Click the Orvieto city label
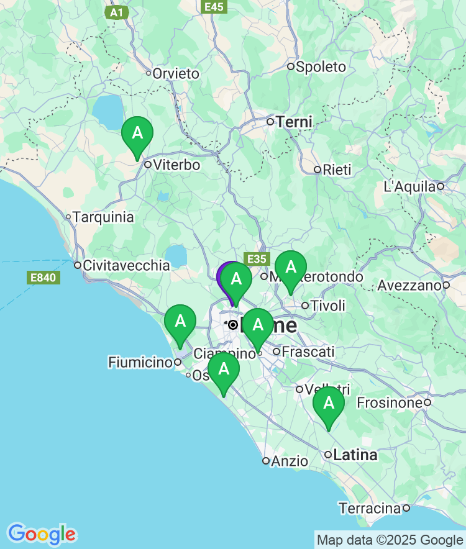click(176, 74)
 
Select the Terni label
click(294, 122)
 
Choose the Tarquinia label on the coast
click(103, 217)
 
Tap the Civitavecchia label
click(126, 265)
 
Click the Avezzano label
click(409, 286)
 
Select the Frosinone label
click(390, 403)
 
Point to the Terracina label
click(370, 509)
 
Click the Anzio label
click(290, 461)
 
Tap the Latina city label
click(355, 455)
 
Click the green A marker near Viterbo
click(137, 133)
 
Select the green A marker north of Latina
click(329, 403)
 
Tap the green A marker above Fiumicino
click(180, 321)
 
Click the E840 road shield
click(43, 278)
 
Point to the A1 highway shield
click(116, 12)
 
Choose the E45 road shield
click(214, 7)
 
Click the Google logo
click(42, 534)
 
